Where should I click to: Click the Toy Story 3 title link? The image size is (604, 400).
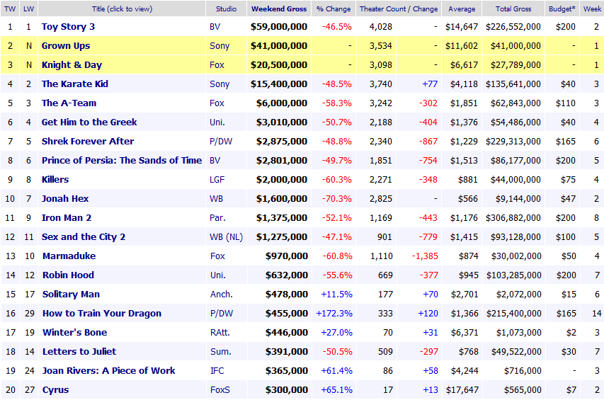(x=68, y=27)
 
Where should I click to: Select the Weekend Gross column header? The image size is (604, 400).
(x=279, y=9)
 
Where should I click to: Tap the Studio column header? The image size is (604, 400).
(x=221, y=9)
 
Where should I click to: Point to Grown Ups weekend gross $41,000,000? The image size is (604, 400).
(x=279, y=46)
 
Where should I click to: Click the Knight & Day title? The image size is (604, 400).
(x=72, y=65)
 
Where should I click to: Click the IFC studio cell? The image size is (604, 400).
(x=217, y=371)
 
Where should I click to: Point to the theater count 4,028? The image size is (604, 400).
(x=380, y=27)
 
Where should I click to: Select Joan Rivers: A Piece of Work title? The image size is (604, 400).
(x=108, y=371)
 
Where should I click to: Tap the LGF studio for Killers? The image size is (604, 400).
(x=218, y=180)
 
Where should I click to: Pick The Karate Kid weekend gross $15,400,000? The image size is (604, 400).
(x=279, y=84)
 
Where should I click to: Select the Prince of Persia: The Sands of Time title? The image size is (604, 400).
(x=122, y=161)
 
